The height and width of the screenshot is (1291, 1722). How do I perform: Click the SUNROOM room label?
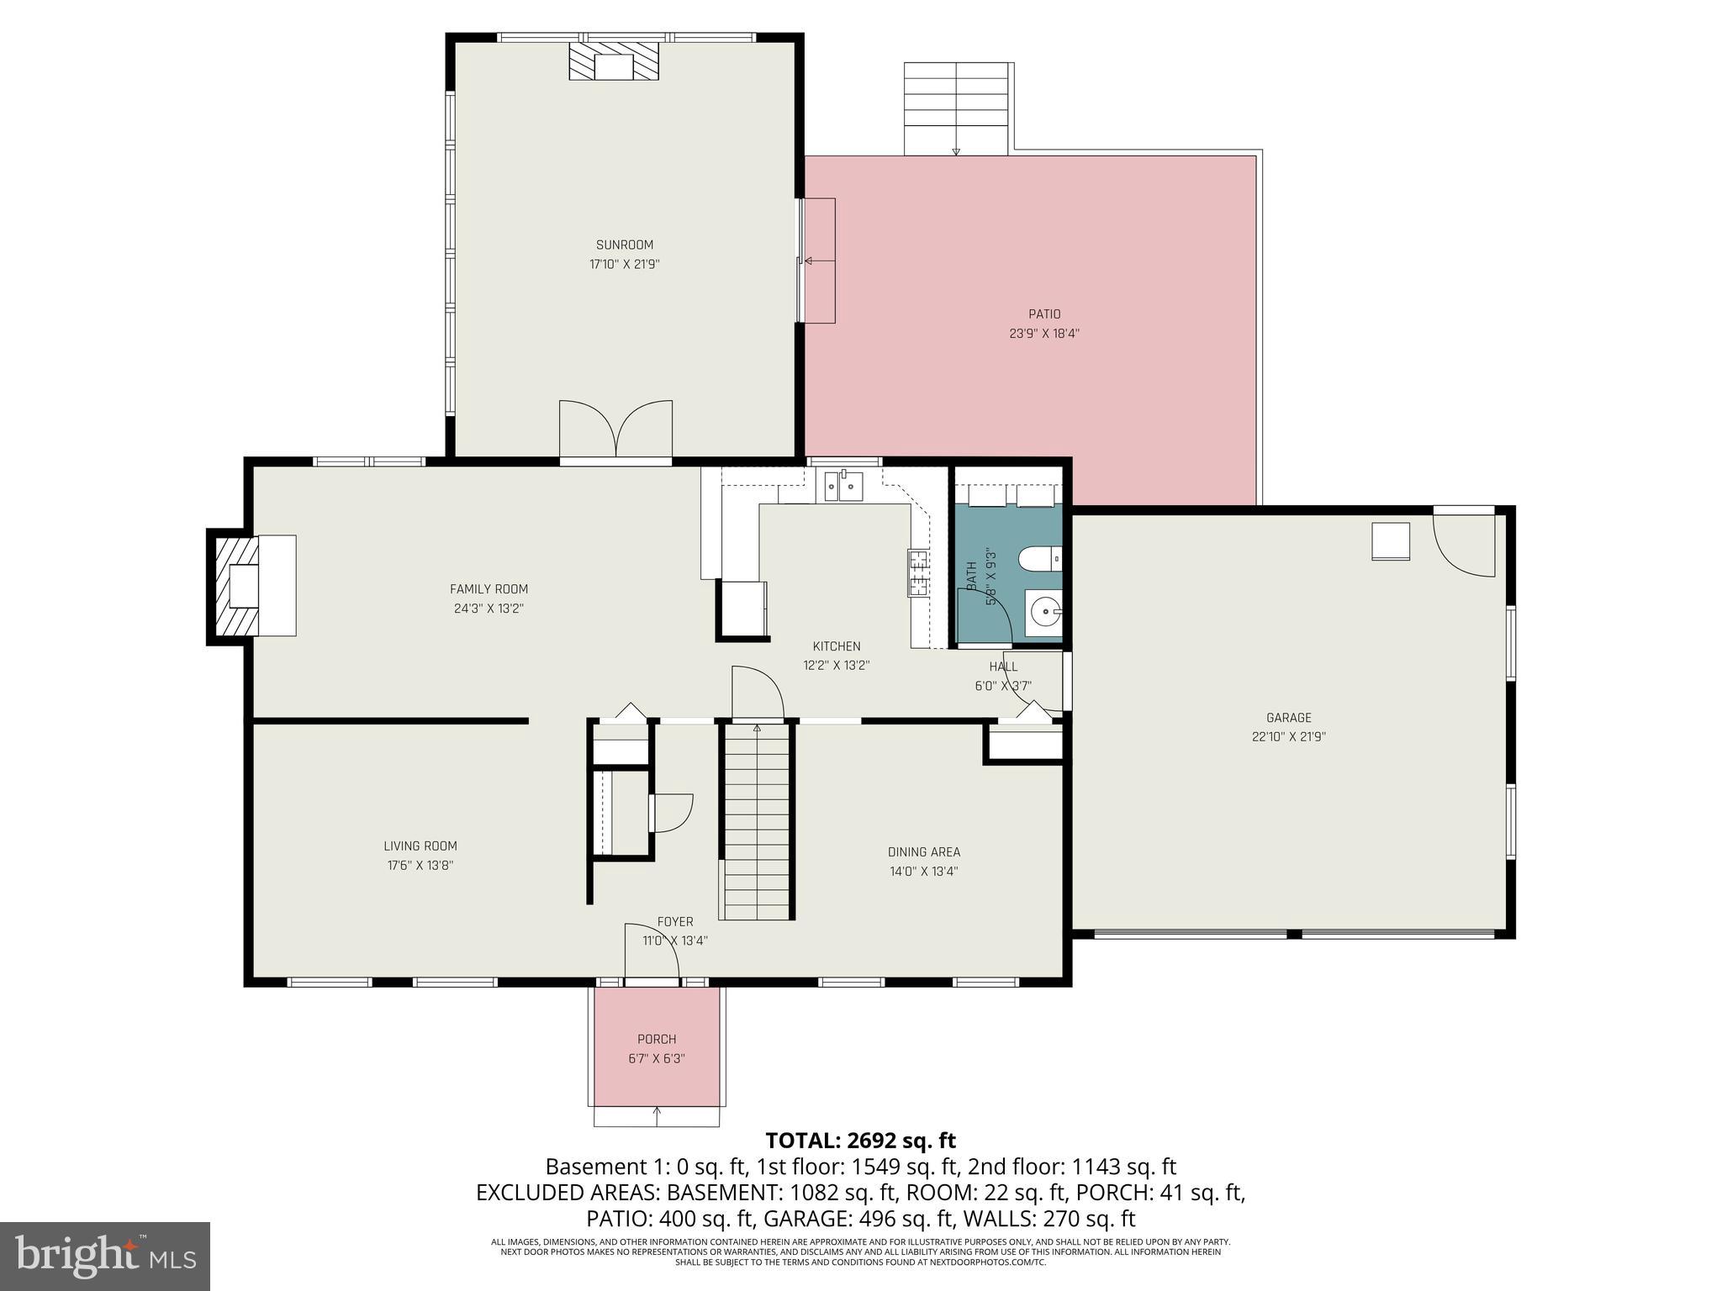[x=624, y=245]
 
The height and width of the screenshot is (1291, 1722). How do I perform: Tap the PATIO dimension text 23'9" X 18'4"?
[x=1044, y=334]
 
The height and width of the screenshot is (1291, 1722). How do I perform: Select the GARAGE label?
[x=1288, y=718]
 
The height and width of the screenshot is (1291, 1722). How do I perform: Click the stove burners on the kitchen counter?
[x=917, y=572]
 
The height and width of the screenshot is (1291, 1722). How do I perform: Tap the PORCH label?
[x=657, y=1040]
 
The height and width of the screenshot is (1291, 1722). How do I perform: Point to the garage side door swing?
[x=1463, y=545]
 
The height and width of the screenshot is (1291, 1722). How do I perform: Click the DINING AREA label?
[x=924, y=852]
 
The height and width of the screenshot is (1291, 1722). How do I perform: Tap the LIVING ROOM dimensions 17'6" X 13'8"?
[x=420, y=866]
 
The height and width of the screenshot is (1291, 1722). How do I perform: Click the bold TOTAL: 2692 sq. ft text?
[x=860, y=1141]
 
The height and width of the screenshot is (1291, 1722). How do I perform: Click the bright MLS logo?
[x=104, y=1256]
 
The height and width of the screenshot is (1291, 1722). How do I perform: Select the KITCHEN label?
[x=836, y=646]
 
